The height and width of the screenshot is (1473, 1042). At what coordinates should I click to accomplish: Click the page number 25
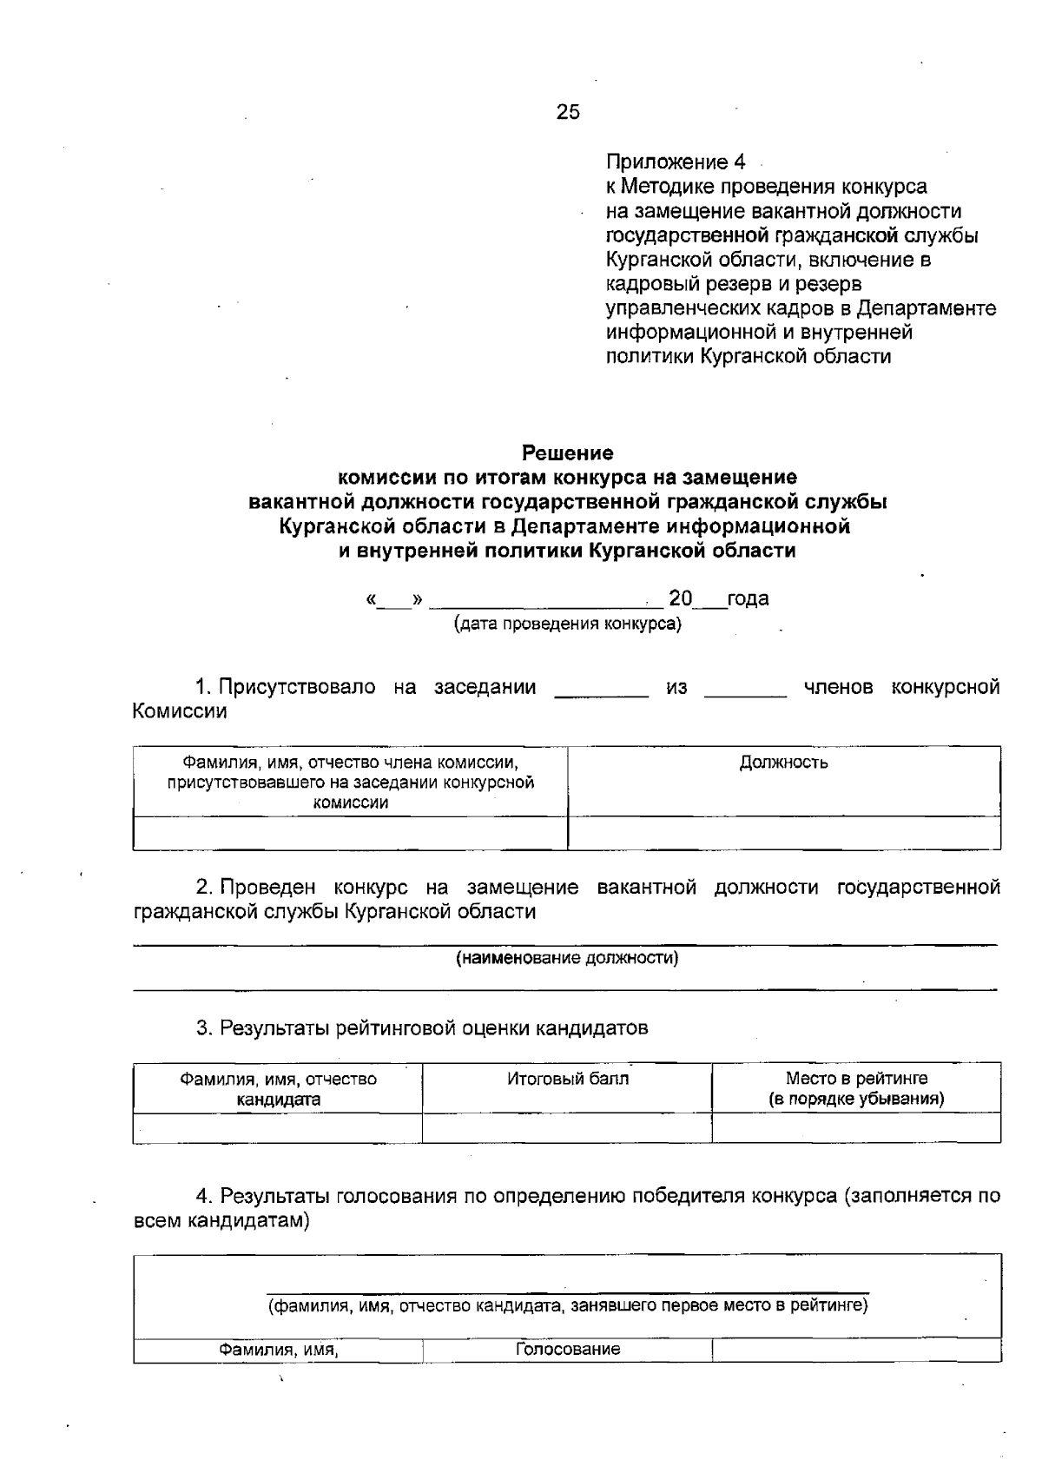point(568,112)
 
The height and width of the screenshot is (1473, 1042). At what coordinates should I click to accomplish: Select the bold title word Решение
point(567,452)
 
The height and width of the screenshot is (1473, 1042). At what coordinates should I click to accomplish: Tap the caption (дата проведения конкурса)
point(567,624)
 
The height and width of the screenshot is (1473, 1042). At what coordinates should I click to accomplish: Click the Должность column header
point(783,763)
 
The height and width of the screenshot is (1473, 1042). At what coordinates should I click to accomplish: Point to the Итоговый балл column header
point(567,1079)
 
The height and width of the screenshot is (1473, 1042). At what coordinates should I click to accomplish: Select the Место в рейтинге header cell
point(855,1088)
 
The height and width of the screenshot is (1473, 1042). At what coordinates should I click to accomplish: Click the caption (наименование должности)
point(567,958)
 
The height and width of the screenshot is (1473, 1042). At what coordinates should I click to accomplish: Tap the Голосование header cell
point(567,1349)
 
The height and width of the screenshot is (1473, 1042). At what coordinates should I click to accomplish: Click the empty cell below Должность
point(783,833)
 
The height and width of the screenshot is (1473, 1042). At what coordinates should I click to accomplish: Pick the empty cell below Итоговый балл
point(567,1127)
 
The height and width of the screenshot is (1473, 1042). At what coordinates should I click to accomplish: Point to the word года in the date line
point(748,598)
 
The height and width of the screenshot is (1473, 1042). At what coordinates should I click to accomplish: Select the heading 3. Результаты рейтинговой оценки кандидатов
point(422,1028)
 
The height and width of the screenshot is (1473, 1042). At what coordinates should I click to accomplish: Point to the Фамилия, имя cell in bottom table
point(278,1350)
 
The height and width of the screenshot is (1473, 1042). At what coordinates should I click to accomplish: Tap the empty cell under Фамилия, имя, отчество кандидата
point(278,1127)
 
